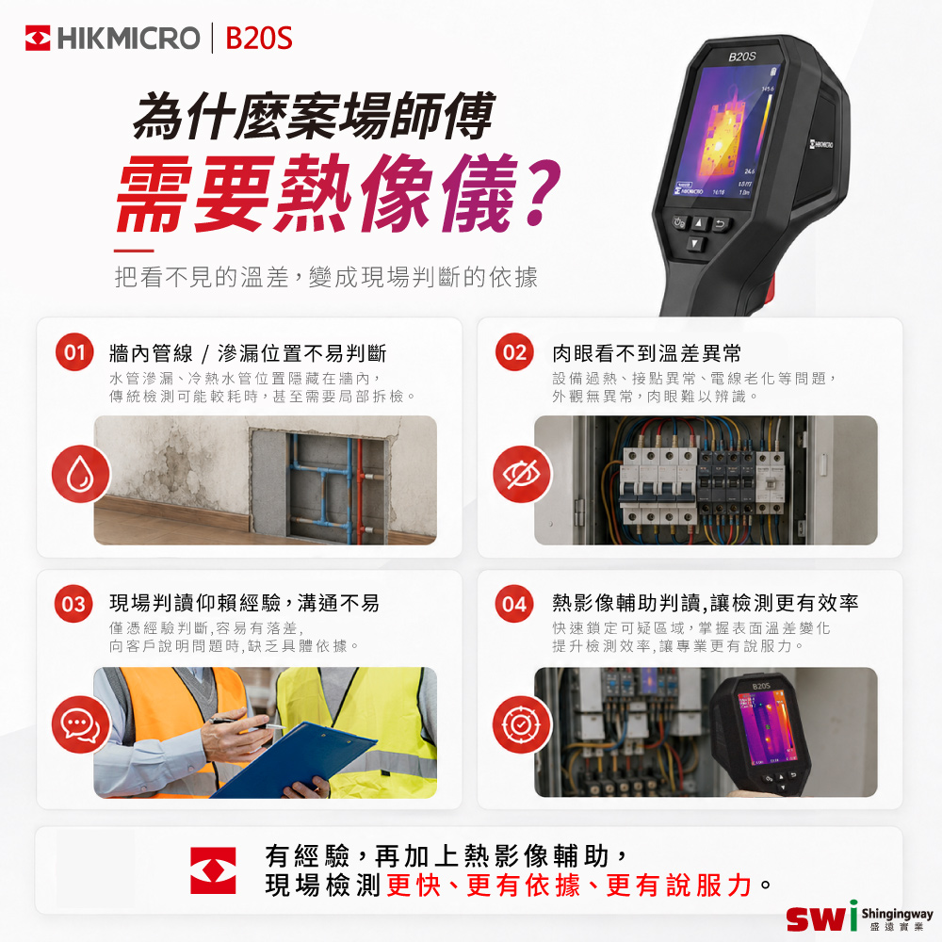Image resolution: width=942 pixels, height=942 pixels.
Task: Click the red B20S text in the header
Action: (x=258, y=38)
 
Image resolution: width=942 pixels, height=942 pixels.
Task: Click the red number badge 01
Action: (x=74, y=352)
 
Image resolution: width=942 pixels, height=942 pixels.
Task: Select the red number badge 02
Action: (x=515, y=352)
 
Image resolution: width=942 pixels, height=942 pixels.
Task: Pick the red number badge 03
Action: (x=73, y=603)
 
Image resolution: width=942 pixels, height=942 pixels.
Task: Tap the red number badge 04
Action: (x=514, y=603)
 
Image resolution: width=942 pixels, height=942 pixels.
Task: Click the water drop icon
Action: (x=80, y=474)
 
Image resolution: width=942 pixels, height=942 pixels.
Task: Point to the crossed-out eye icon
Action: (x=522, y=474)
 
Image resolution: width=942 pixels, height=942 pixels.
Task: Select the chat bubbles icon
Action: (x=80, y=724)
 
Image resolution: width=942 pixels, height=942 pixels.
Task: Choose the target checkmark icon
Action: (x=522, y=724)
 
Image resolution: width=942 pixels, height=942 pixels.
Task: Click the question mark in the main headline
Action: (x=542, y=192)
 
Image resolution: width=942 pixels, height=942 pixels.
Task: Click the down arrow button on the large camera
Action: (x=695, y=244)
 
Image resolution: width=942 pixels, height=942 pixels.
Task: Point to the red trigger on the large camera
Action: (x=768, y=289)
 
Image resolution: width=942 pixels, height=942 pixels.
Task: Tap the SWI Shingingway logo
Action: (x=860, y=917)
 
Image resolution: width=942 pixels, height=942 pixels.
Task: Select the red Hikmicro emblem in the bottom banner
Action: (x=213, y=870)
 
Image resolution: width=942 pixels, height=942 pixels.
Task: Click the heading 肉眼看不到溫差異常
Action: (x=646, y=353)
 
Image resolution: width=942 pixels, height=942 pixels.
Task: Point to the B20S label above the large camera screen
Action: (x=742, y=57)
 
